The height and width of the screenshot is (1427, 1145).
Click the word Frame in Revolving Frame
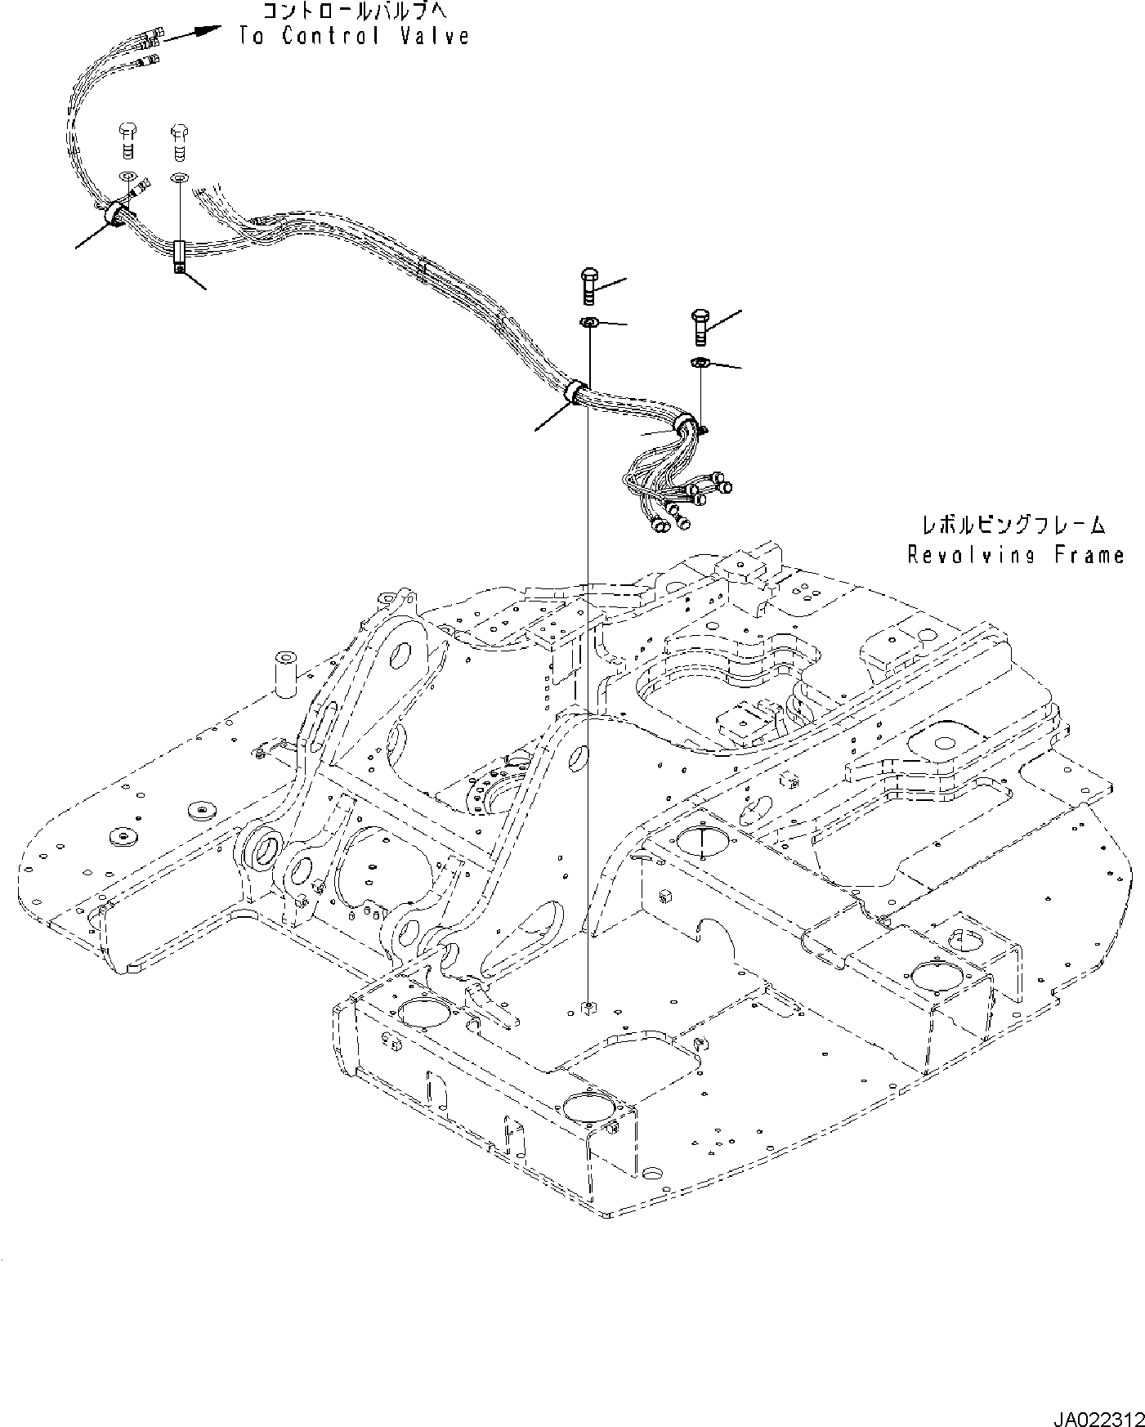coord(1088,555)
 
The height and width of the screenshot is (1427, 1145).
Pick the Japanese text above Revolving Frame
coord(1013,524)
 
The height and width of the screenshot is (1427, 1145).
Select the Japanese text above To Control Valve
coord(354,11)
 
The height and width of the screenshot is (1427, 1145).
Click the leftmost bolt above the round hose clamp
coord(127,140)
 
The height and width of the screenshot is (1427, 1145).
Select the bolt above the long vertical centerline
coord(589,285)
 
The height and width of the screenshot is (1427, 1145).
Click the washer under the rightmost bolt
coord(700,362)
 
